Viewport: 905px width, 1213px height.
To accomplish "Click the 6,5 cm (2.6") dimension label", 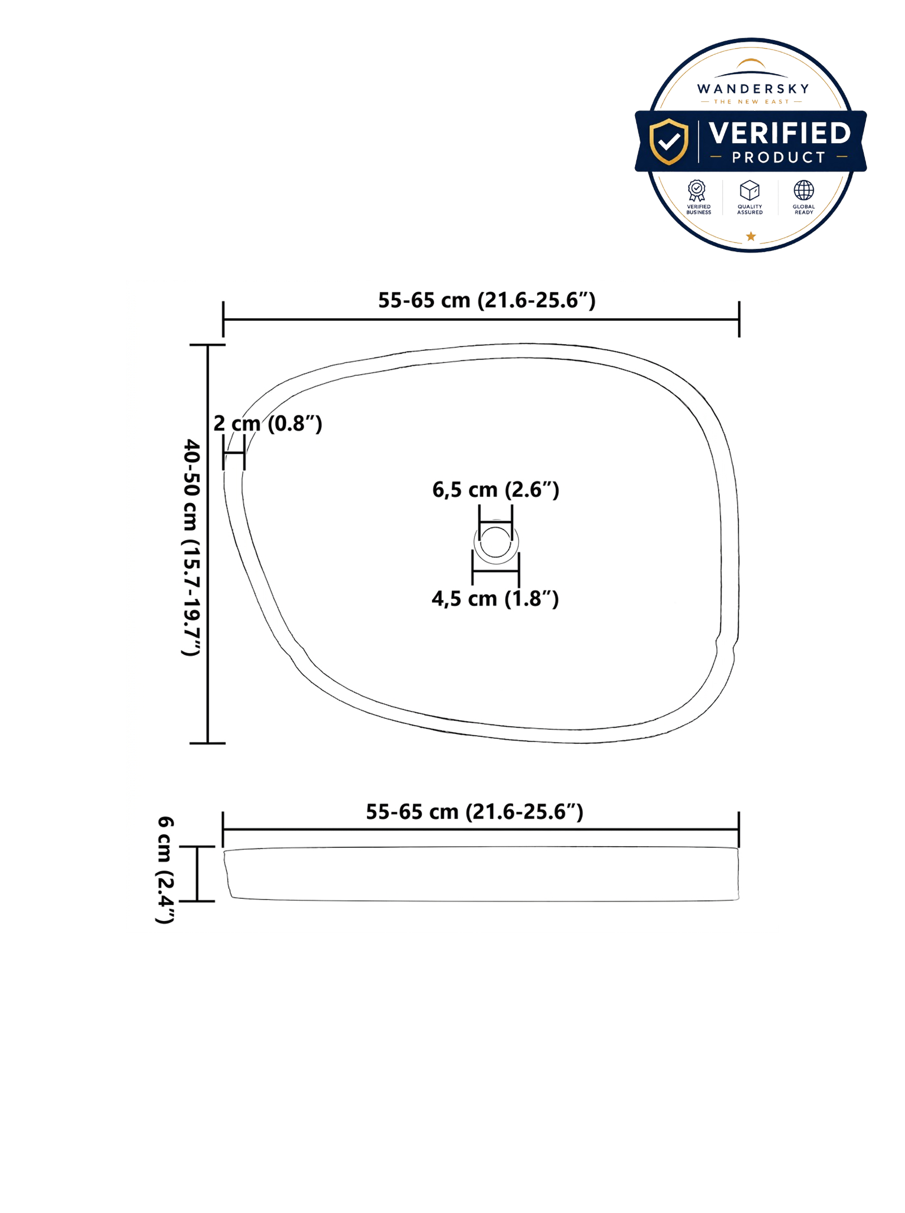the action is click(495, 490).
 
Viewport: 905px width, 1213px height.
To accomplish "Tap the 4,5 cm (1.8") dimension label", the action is click(495, 598).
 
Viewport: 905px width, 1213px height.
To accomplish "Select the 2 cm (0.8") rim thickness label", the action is click(268, 423).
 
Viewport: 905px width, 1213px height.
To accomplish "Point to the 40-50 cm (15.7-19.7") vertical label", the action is click(191, 547).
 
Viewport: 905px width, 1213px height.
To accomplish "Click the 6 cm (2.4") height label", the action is click(165, 870).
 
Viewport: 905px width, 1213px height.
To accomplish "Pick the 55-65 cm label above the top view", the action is click(486, 300).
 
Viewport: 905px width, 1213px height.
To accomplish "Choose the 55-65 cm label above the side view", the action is click(474, 812).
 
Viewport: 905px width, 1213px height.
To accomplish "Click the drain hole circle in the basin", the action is click(496, 542).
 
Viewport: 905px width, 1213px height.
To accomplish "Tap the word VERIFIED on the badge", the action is click(779, 134).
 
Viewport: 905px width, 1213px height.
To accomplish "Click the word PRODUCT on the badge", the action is click(779, 157).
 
